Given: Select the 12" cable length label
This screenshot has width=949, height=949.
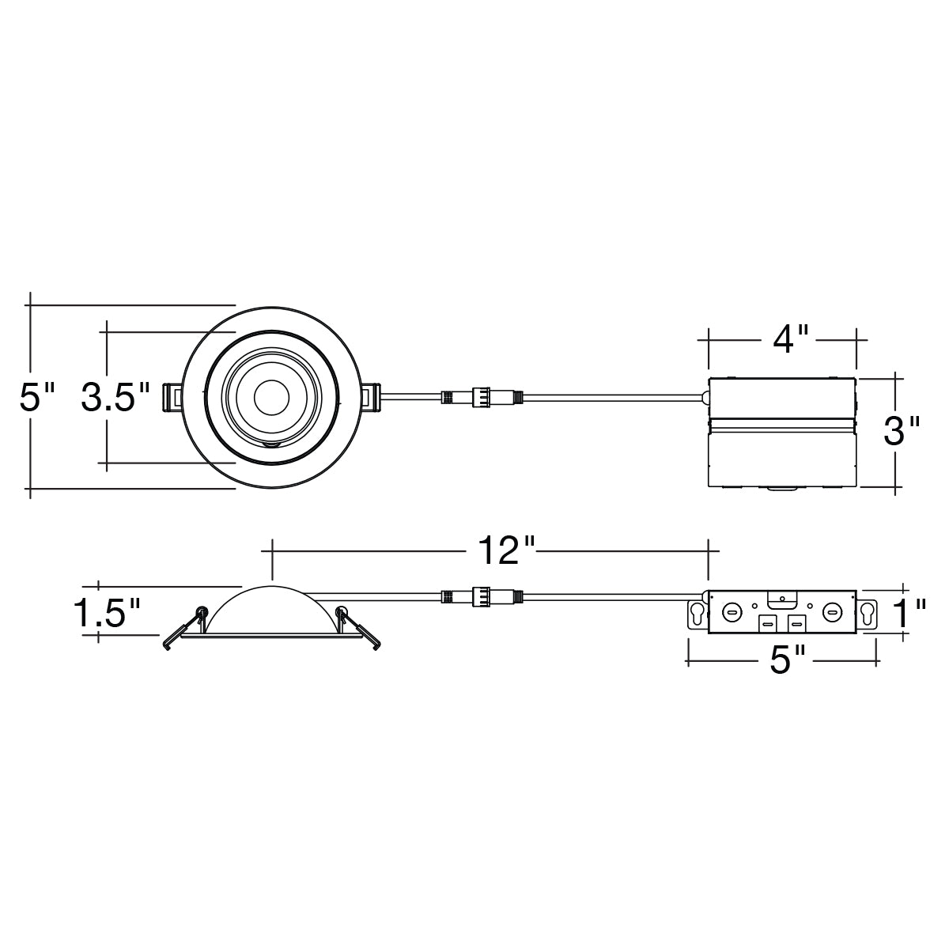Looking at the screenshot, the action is click(x=506, y=550).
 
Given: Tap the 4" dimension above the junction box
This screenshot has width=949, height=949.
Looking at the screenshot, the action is click(x=790, y=338).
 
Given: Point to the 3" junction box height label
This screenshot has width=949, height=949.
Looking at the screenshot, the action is click(x=902, y=430).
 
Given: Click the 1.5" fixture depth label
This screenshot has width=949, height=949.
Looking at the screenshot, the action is click(x=108, y=613).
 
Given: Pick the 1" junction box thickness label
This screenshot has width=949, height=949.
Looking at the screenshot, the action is click(x=910, y=613).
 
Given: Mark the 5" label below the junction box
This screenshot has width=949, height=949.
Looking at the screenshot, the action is click(x=787, y=660).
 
